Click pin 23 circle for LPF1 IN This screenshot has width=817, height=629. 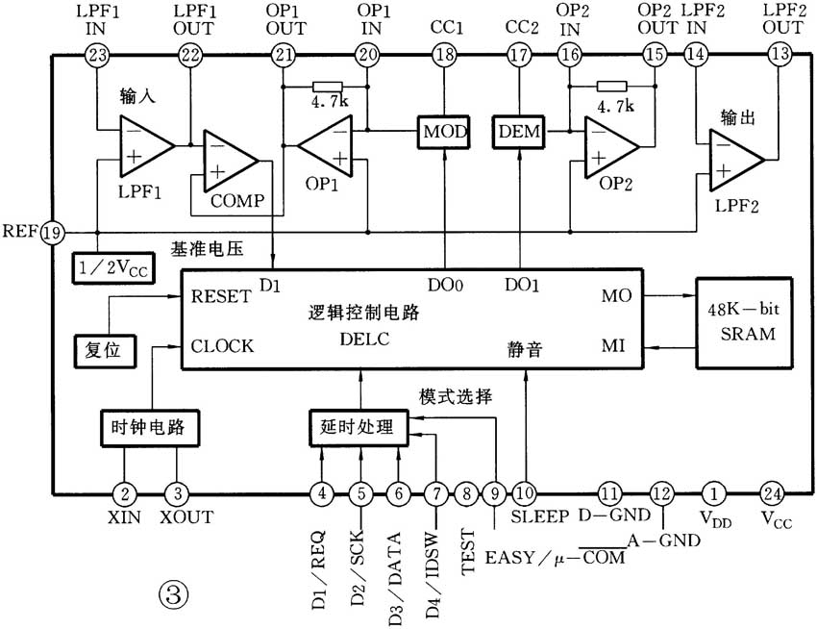click(x=97, y=55)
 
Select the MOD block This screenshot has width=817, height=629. click(x=443, y=130)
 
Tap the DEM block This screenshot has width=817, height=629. click(x=519, y=130)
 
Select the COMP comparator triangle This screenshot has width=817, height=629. click(x=228, y=161)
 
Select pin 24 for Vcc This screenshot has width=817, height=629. click(x=771, y=493)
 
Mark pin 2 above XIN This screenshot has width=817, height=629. click(x=124, y=493)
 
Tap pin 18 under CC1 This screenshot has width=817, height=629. click(x=443, y=55)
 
